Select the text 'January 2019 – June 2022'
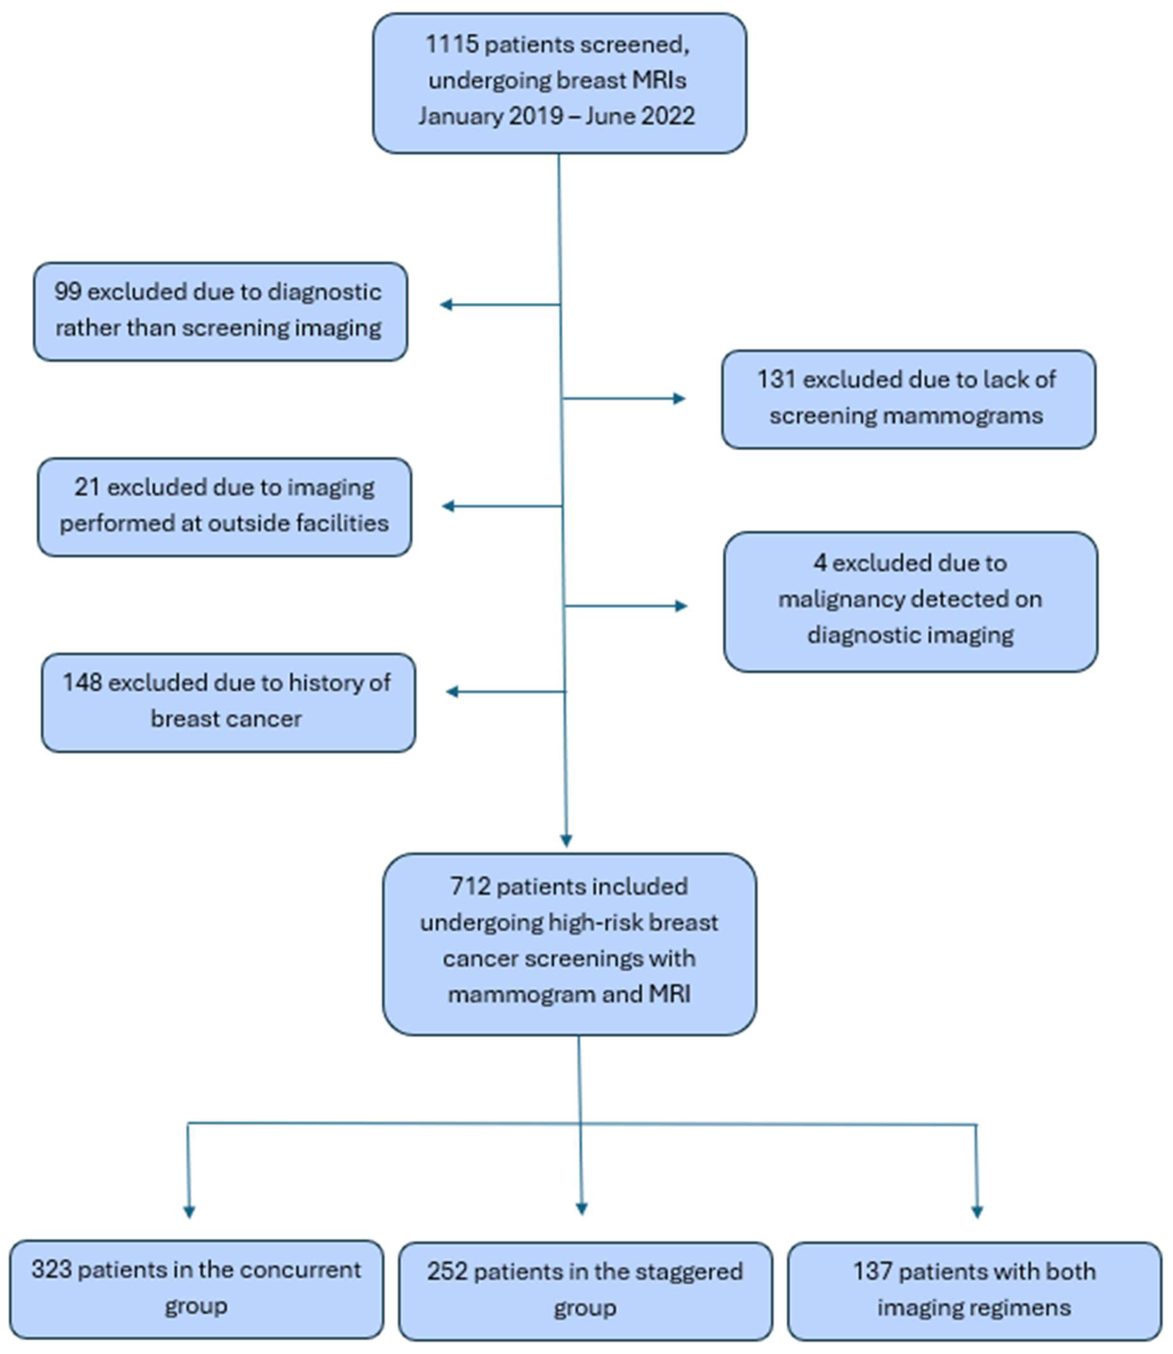557,116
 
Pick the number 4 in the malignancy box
820,563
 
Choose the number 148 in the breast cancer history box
82,683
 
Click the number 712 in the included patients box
470,886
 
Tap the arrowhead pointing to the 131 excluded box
679,399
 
